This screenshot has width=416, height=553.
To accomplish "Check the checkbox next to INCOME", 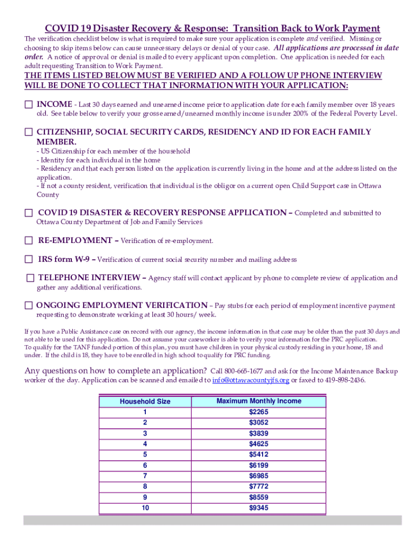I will click(x=29, y=105).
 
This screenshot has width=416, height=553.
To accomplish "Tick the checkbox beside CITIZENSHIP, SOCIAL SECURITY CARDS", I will click(x=29, y=132).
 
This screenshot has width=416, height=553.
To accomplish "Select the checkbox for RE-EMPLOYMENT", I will click(x=29, y=240).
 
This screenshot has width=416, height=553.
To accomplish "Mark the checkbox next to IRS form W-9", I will click(x=29, y=260).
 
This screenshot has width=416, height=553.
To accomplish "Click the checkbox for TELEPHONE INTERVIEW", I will click(x=30, y=278).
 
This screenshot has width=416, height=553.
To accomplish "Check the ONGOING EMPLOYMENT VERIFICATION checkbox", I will click(x=29, y=306).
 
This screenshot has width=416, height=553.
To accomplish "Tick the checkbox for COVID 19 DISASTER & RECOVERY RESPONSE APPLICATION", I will click(x=29, y=213).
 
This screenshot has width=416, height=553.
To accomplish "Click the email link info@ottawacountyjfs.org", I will click(x=251, y=380).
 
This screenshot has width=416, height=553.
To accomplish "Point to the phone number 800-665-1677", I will click(x=244, y=372).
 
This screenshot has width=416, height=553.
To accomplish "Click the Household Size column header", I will click(x=145, y=402).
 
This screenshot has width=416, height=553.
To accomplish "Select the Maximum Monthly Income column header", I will click(x=259, y=401).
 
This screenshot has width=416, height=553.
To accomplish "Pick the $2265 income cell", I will click(x=259, y=412).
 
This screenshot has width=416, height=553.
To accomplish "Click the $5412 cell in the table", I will click(x=259, y=455).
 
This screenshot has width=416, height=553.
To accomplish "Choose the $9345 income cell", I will click(x=259, y=508).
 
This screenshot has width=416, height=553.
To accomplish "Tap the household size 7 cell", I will click(x=145, y=476).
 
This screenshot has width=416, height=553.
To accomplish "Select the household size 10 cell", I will click(x=145, y=508).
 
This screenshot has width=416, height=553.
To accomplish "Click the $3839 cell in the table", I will click(x=259, y=434).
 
